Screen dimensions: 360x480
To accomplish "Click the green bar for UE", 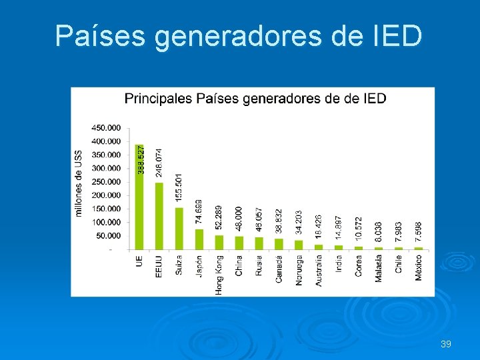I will [x=139, y=197].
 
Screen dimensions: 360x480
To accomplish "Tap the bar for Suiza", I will [x=179, y=229].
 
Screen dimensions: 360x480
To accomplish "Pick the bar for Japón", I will [x=199, y=239].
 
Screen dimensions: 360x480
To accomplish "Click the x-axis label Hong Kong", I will [x=219, y=275].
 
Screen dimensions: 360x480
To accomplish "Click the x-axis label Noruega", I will [x=299, y=270].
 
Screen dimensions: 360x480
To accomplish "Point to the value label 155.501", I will [x=179, y=189].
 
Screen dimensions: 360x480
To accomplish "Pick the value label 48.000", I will [x=239, y=221].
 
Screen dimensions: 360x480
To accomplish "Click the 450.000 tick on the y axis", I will [x=106, y=127].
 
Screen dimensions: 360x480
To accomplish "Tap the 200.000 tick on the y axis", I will [x=106, y=195].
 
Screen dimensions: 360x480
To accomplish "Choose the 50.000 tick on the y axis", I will [x=108, y=236].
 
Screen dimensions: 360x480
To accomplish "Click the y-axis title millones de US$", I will [x=79, y=183].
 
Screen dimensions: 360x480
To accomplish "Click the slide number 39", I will [x=446, y=344].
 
